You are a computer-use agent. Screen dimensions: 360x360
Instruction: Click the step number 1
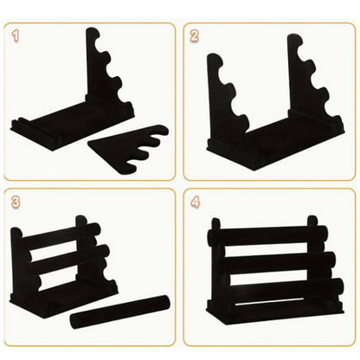coord(16,36)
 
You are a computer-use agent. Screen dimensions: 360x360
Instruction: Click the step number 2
coord(195,36)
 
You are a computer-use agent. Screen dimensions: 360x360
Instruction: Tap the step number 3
coord(16,202)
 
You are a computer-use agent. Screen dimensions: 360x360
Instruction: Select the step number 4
coord(196,202)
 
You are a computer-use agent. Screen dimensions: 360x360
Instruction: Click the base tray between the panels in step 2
coord(274,138)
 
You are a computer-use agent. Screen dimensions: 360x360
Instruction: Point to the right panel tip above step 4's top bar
coord(312,221)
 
